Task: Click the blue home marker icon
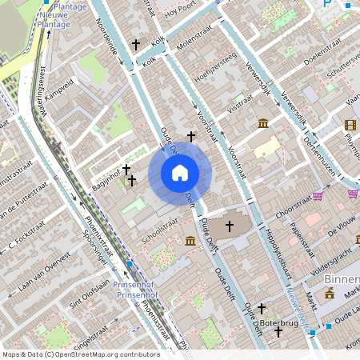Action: pos(179,173)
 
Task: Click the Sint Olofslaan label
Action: pos(89,296)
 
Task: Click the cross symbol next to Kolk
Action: pos(136,45)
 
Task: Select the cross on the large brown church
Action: pos(229,227)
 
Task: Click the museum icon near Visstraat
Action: pos(263,122)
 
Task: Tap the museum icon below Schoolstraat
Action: pos(190,241)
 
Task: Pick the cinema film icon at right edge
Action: pos(350,124)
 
